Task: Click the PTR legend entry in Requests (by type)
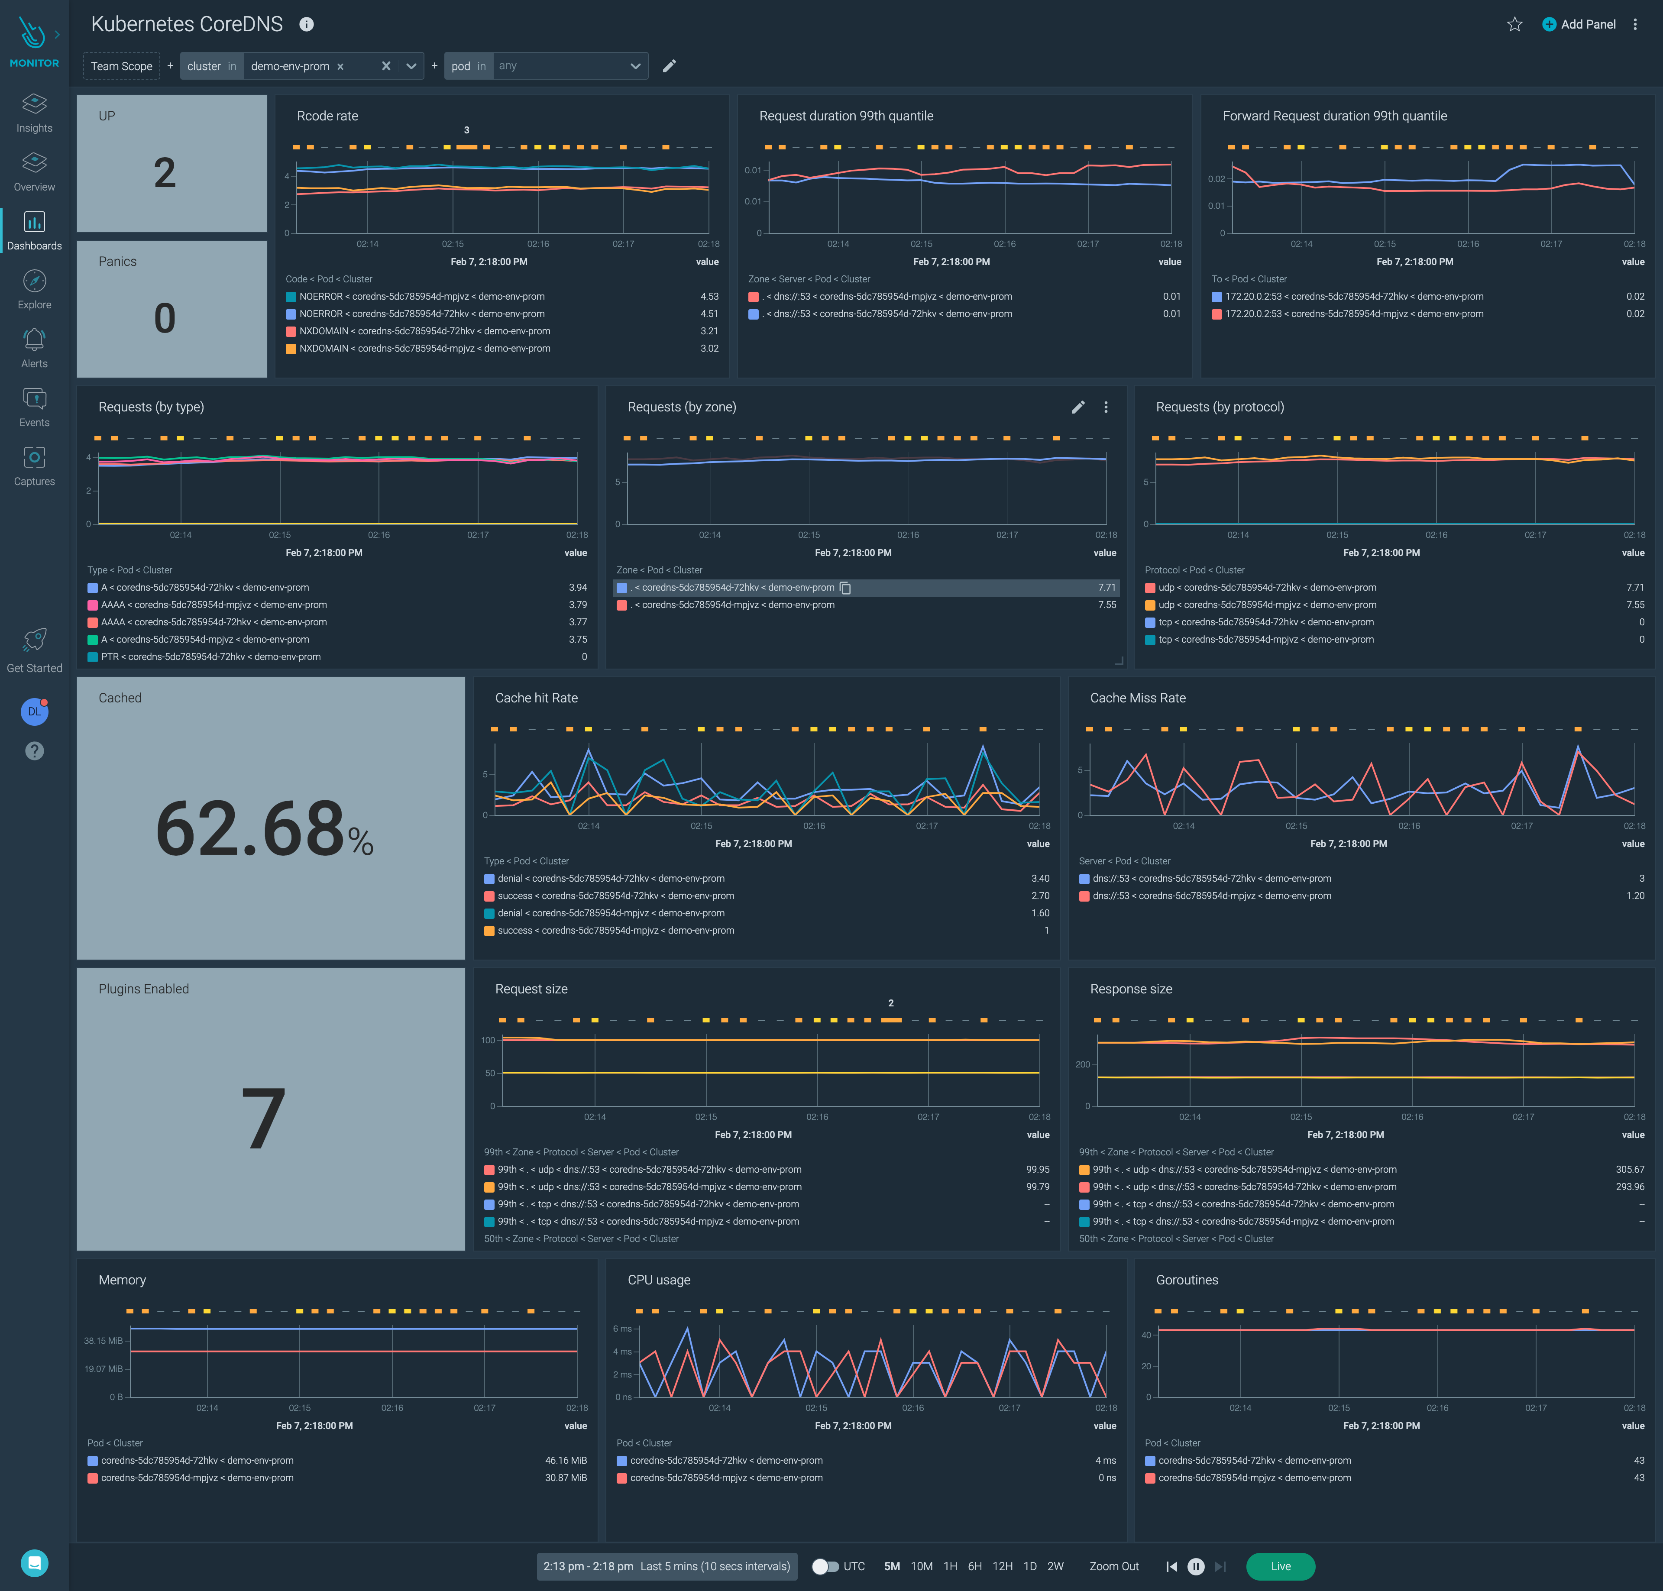point(210,656)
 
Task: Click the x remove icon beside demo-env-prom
point(340,66)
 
